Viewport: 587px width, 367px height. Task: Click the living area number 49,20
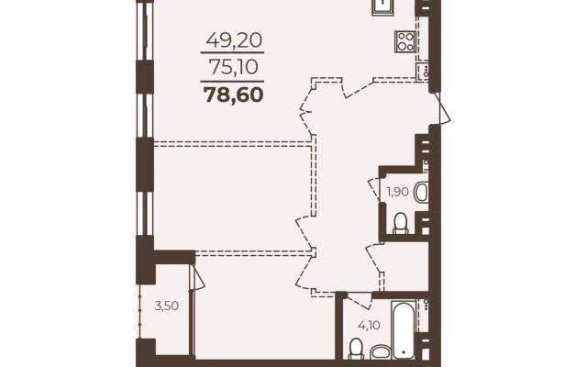tap(234, 39)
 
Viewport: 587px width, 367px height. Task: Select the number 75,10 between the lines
tap(234, 67)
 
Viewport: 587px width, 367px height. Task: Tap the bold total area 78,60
tap(234, 95)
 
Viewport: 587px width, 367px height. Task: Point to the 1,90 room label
tap(397, 192)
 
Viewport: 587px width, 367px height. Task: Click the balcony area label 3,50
tap(167, 306)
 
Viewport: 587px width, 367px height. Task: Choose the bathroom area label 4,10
tap(369, 325)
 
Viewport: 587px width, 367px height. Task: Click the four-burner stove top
tap(404, 41)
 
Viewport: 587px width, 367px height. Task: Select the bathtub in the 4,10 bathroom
tap(404, 328)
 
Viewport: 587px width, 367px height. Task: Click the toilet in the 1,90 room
tap(401, 223)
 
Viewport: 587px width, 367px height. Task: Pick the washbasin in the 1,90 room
tap(422, 192)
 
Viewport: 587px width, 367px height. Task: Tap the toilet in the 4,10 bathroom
tap(355, 349)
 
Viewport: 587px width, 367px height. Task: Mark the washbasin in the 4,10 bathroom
tap(380, 351)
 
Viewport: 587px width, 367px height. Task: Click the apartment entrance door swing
tap(443, 108)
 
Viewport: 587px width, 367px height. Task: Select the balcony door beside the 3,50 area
tap(197, 278)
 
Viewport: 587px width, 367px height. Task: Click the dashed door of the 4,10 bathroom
tap(359, 300)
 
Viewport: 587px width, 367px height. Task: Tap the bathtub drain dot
tap(404, 352)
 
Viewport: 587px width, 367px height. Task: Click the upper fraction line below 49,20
tap(232, 53)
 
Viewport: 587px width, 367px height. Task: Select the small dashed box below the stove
tap(422, 71)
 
